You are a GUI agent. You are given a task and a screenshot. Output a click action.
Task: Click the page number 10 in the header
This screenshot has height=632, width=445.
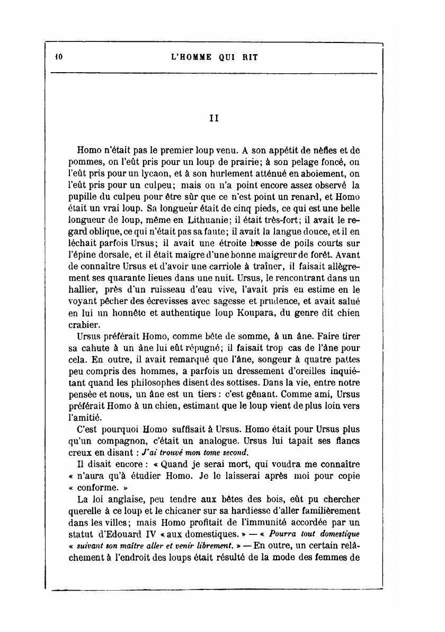click(58, 56)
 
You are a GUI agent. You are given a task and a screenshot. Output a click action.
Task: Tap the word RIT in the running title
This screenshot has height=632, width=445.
click(248, 56)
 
